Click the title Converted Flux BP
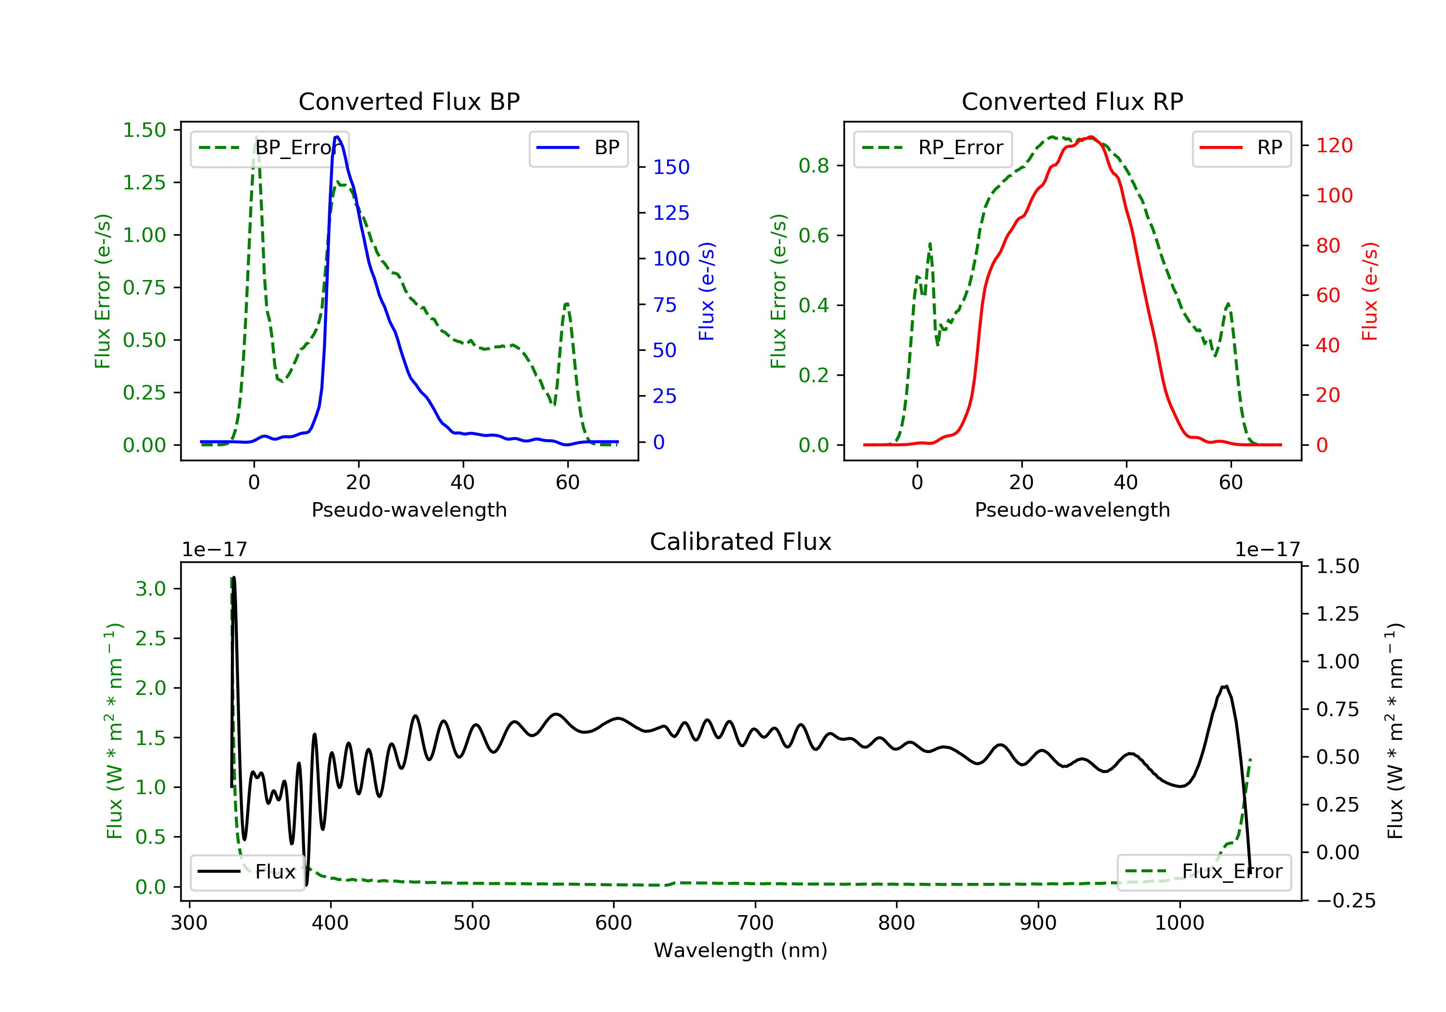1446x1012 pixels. (x=409, y=101)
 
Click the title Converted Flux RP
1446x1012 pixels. (x=1072, y=101)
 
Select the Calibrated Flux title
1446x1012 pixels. (x=741, y=542)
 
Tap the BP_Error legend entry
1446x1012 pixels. (x=269, y=148)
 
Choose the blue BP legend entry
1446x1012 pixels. (x=578, y=148)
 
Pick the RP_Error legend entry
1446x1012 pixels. (x=932, y=148)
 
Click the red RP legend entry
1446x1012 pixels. (x=1241, y=148)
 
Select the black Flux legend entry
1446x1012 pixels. (x=247, y=872)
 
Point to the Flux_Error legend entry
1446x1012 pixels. (x=1204, y=872)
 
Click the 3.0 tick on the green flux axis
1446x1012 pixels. (x=150, y=589)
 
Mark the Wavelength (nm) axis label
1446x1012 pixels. (x=741, y=950)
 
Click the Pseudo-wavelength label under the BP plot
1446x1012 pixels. (x=409, y=509)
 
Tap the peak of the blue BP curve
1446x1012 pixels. (x=337, y=137)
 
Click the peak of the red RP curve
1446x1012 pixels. (x=1090, y=137)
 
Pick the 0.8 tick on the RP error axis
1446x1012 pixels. (x=814, y=166)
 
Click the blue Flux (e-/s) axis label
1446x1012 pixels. (x=707, y=291)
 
